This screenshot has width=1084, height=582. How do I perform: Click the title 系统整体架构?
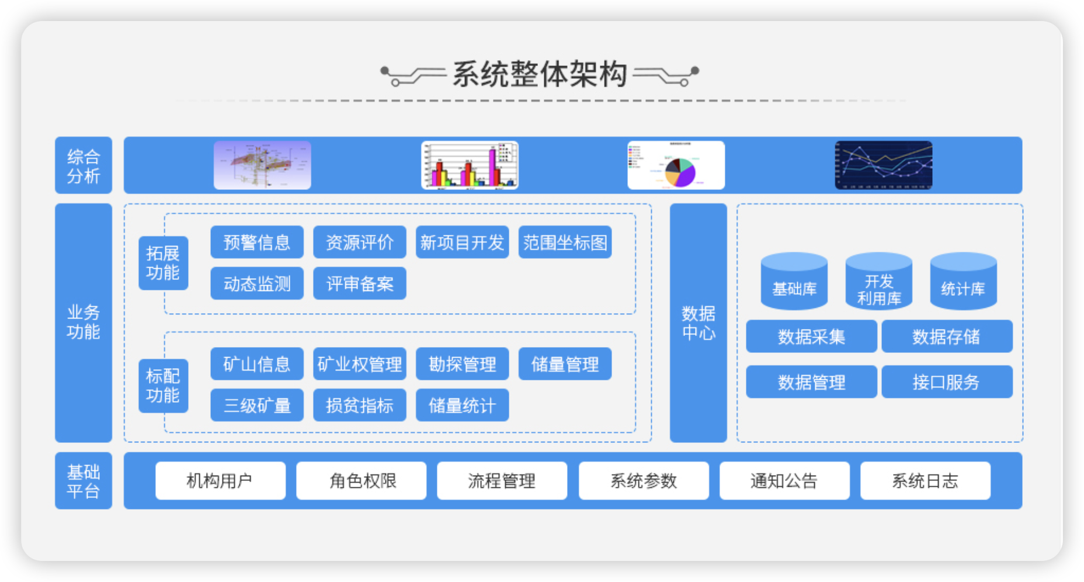[540, 74]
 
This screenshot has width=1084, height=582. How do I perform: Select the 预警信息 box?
[257, 242]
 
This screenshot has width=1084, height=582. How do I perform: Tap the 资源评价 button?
[360, 242]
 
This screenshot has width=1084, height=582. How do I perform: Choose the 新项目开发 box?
[462, 242]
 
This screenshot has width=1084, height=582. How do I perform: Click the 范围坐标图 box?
[565, 242]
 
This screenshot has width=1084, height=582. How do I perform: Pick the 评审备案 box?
[360, 283]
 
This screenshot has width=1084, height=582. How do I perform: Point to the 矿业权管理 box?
[360, 364]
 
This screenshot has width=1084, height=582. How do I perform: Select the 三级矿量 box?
[257, 405]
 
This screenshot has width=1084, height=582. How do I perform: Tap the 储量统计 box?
[462, 405]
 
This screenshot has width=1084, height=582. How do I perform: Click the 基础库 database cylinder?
[794, 281]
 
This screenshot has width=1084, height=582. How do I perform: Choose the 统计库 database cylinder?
[963, 281]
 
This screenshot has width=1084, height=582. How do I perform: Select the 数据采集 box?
[811, 336]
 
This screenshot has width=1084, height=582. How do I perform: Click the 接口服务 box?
[947, 382]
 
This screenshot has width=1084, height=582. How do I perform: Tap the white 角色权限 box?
[362, 480]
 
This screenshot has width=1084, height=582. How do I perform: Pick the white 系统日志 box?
[925, 480]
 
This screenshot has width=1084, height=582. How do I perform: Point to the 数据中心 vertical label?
[699, 323]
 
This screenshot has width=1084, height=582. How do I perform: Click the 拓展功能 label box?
[163, 263]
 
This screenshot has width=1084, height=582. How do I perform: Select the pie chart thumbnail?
[676, 165]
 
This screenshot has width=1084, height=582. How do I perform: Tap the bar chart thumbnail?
[470, 165]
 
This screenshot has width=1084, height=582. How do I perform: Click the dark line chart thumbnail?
[884, 165]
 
